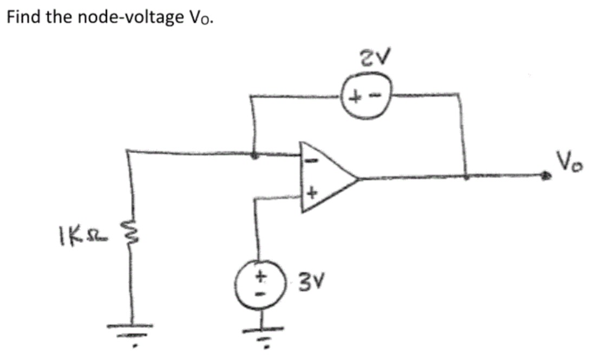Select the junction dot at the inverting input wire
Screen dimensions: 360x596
pyautogui.click(x=256, y=155)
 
